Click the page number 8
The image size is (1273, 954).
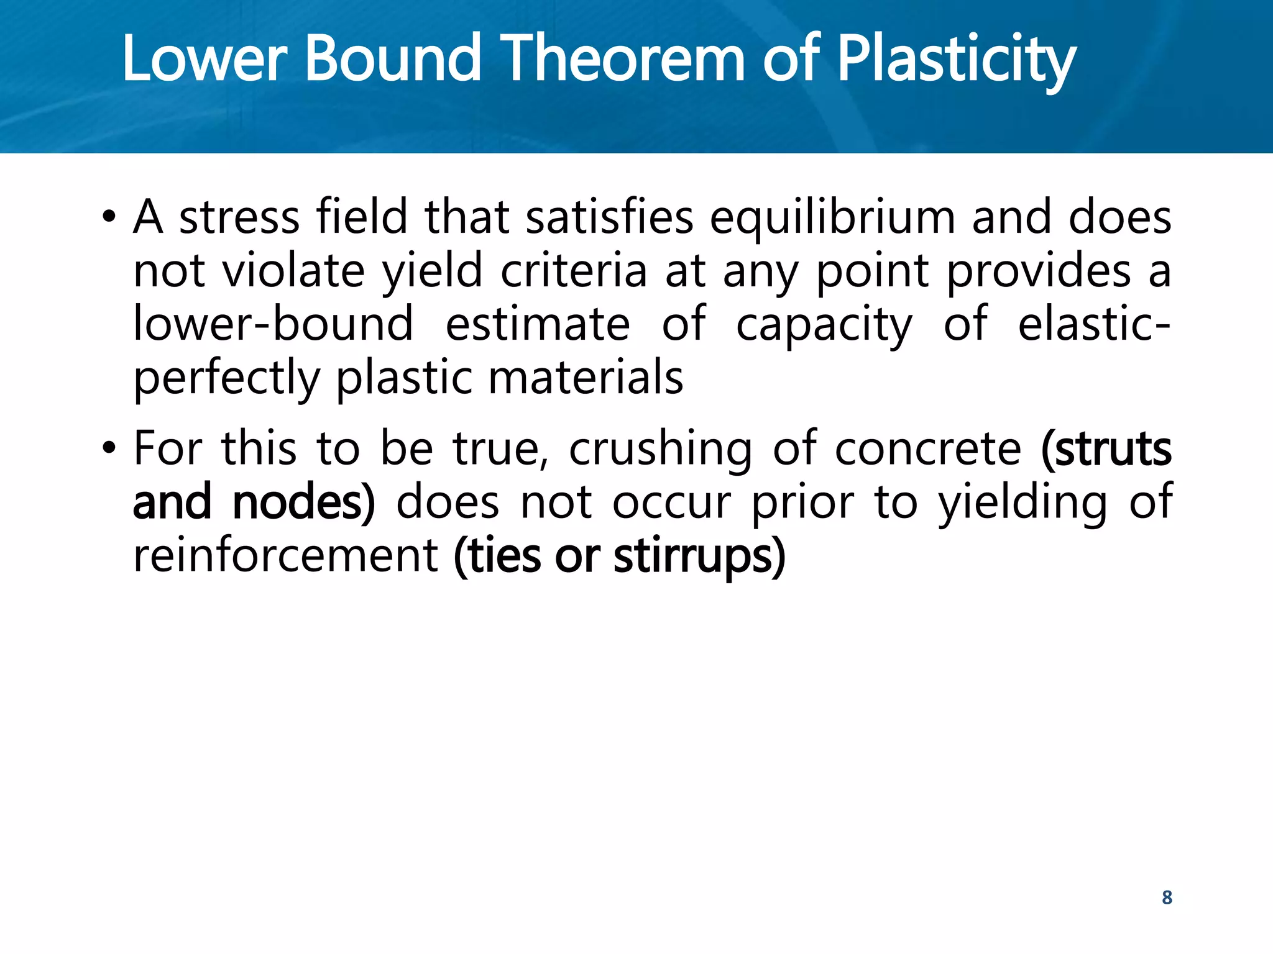(x=1167, y=897)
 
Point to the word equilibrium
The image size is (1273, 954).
(x=832, y=219)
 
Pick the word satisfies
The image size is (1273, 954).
(x=609, y=217)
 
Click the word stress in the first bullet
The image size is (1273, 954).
(x=239, y=219)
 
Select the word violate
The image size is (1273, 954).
(x=293, y=271)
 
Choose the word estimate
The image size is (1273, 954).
(x=538, y=324)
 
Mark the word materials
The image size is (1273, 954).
(x=586, y=378)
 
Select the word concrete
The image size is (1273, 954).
(x=928, y=448)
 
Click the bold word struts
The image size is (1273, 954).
(x=1113, y=448)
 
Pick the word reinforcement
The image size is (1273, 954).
(x=286, y=555)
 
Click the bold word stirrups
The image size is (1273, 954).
(x=694, y=556)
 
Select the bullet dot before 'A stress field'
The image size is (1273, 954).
(x=110, y=217)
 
